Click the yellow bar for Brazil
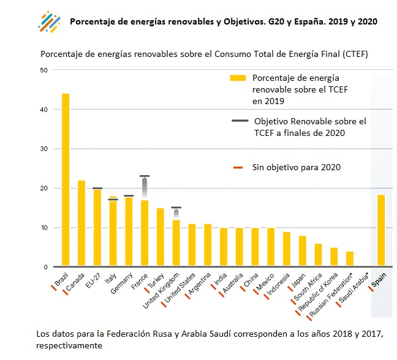66,181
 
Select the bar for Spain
381,231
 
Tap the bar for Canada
81,224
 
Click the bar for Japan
303,252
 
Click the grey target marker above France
145,176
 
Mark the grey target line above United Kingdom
176,208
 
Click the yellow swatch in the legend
237,78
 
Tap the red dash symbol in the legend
239,167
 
